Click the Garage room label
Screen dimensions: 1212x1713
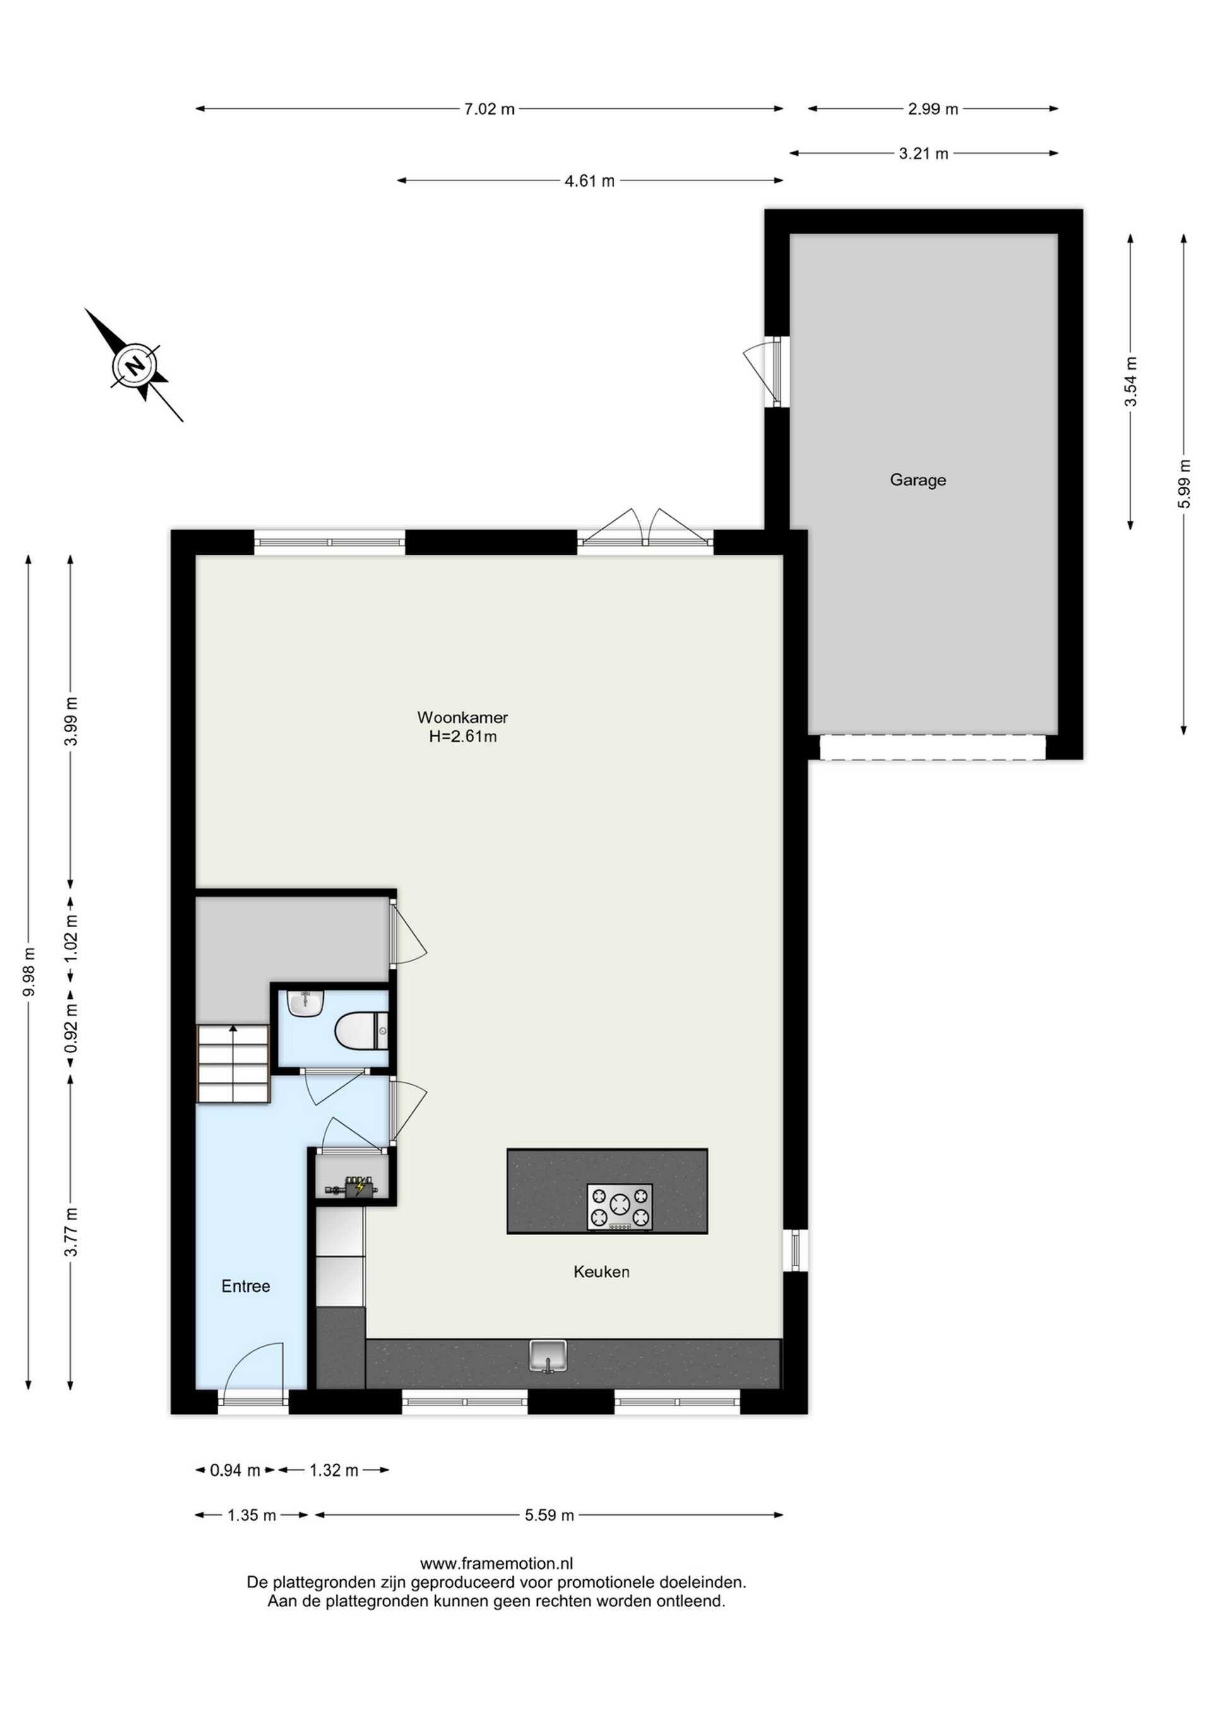tap(918, 480)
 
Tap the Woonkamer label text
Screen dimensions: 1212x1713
tap(463, 717)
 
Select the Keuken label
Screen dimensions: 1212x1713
tap(602, 1271)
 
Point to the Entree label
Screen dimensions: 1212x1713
tap(246, 1286)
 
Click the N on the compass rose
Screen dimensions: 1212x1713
tap(135, 366)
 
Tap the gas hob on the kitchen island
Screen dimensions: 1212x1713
tap(619, 1206)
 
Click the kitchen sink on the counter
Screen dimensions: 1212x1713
tap(549, 1355)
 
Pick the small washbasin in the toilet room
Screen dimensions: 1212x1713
tap(306, 1003)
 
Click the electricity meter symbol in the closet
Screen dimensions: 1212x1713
tap(352, 1186)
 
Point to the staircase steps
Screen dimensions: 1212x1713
tap(233, 1063)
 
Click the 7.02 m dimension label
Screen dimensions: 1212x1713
tap(490, 109)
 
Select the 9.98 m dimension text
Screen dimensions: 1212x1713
tap(28, 971)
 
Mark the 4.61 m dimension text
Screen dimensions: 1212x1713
tap(590, 181)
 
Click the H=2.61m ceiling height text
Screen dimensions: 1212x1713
tap(463, 737)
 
